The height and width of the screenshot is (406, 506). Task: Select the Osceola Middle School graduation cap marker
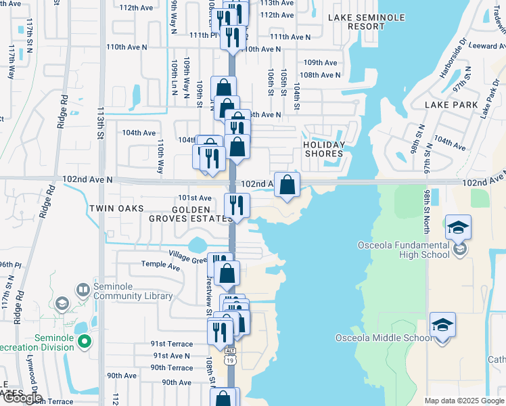pyautogui.click(x=442, y=325)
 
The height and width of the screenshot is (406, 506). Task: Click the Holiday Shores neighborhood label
pyautogui.click(x=324, y=149)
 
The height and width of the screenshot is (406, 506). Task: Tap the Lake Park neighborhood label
pyautogui.click(x=452, y=105)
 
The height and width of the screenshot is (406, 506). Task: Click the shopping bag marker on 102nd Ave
pyautogui.click(x=287, y=184)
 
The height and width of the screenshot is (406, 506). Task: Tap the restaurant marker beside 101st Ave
pyautogui.click(x=237, y=204)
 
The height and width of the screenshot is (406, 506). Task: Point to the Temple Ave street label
pyautogui.click(x=160, y=267)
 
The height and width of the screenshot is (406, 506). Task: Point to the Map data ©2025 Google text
pyautogui.click(x=465, y=401)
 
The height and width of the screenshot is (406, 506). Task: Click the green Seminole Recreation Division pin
pyautogui.click(x=84, y=342)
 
